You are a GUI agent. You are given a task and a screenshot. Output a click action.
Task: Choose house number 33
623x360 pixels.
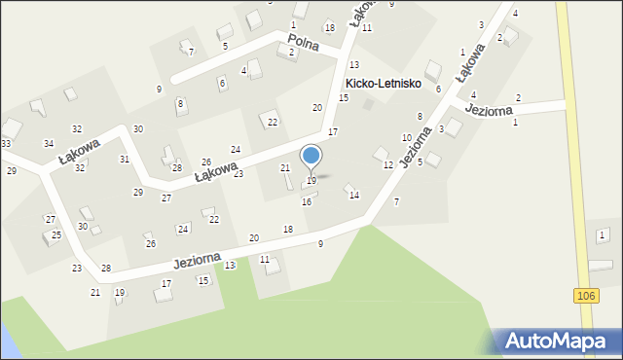click(x=6, y=144)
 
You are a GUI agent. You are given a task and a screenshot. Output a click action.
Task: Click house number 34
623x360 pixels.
click(x=49, y=144)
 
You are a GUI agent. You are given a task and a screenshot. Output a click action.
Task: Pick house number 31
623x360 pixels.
click(x=125, y=159)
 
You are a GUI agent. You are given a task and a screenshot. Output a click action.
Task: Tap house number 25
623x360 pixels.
click(x=56, y=235)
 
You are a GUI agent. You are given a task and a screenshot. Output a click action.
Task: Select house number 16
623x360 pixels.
click(x=307, y=201)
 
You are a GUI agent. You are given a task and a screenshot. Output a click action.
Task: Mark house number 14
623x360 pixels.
click(x=354, y=196)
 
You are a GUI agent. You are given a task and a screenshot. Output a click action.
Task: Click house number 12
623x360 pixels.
click(x=387, y=165)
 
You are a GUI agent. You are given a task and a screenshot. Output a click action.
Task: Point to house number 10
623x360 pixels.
click(x=407, y=138)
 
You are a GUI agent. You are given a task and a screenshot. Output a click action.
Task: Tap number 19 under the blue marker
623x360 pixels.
click(x=311, y=181)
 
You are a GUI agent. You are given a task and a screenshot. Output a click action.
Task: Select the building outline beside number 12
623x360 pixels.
click(x=381, y=154)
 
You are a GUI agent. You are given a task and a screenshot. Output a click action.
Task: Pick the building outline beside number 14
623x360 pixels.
click(x=348, y=188)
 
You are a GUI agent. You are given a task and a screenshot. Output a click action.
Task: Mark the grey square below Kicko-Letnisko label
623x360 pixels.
click(x=368, y=104)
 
